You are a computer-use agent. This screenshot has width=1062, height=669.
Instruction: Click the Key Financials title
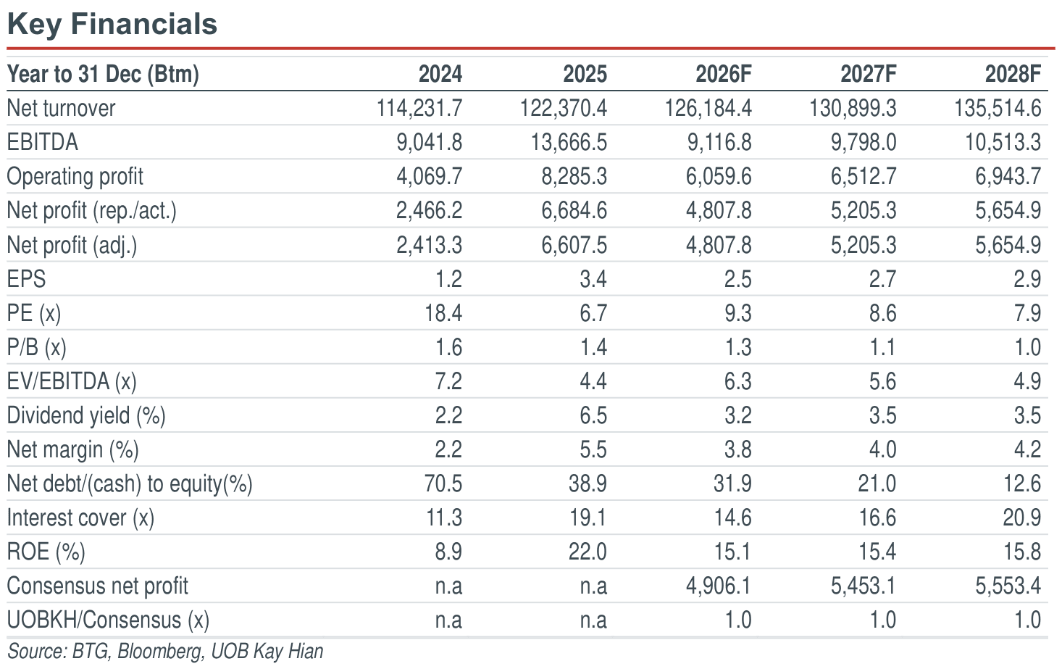click(112, 24)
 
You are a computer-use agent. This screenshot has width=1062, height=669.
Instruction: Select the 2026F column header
click(724, 74)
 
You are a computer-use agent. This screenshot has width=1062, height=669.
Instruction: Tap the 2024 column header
click(440, 74)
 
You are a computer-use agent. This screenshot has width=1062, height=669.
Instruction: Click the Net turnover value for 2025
click(564, 108)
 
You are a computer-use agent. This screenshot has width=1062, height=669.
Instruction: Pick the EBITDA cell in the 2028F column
click(1003, 142)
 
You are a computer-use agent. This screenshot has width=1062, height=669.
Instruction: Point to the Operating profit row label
click(75, 177)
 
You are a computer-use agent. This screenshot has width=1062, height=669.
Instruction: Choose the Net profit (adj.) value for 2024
click(429, 245)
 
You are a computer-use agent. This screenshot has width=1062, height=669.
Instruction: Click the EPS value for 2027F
click(882, 279)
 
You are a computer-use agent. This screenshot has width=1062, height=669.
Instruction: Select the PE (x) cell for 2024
click(443, 313)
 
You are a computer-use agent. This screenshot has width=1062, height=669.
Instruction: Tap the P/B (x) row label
click(36, 347)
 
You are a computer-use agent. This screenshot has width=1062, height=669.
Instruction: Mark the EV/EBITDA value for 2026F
click(737, 381)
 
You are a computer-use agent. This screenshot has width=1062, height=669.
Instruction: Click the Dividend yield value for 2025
click(593, 415)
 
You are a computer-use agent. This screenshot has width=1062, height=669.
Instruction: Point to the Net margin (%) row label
click(72, 450)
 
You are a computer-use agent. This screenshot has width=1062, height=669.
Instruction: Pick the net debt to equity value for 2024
click(443, 484)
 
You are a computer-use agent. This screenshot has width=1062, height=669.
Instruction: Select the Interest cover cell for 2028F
click(1021, 518)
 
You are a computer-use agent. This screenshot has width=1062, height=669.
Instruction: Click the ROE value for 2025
click(588, 552)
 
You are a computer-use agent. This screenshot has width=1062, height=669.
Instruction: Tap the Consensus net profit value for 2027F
click(864, 586)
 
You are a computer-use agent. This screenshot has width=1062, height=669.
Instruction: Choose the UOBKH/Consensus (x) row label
click(108, 620)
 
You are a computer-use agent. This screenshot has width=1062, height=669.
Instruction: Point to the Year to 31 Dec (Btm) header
click(103, 74)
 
